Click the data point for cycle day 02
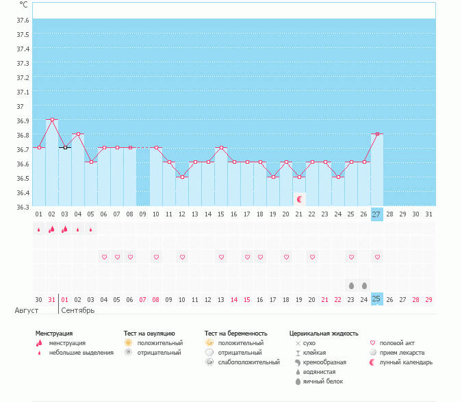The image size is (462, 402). (x=52, y=119)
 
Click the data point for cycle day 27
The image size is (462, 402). (x=377, y=134)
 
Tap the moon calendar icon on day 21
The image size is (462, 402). (x=299, y=199)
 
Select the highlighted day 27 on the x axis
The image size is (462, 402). (x=377, y=214)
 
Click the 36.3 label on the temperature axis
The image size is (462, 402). (x=23, y=207)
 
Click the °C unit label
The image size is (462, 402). (x=23, y=5)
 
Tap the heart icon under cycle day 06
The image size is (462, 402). (x=104, y=257)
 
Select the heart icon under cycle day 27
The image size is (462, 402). (x=377, y=257)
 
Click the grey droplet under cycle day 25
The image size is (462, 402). (x=351, y=285)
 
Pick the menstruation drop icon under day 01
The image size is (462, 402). (x=39, y=229)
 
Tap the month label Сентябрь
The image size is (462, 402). (x=78, y=310)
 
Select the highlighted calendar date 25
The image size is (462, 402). (x=377, y=299)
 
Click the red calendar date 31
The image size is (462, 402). (x=52, y=299)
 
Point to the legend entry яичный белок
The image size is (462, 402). (x=321, y=381)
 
